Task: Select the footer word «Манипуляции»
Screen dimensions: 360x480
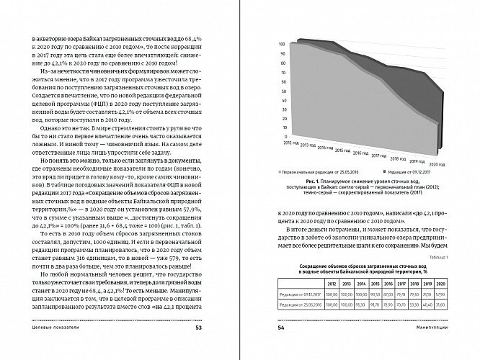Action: click(443, 329)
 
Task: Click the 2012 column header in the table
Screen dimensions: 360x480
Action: click(332, 284)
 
